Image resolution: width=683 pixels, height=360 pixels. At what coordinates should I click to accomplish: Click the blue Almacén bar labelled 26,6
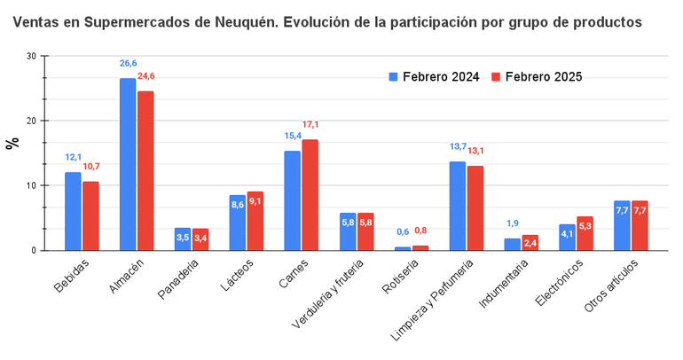pyautogui.click(x=128, y=164)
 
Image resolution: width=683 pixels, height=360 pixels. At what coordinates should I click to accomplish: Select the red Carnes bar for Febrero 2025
pyautogui.click(x=310, y=195)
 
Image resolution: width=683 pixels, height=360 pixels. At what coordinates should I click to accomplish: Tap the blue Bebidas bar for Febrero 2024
pyautogui.click(x=73, y=211)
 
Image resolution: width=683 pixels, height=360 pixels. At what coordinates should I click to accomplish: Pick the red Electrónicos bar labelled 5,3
pyautogui.click(x=585, y=233)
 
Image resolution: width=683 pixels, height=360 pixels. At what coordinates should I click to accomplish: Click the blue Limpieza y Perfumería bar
pyautogui.click(x=458, y=206)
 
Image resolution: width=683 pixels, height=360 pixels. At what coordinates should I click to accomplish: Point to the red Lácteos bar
pyautogui.click(x=255, y=221)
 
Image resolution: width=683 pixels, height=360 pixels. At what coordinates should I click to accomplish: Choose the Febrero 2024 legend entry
pyautogui.click(x=434, y=77)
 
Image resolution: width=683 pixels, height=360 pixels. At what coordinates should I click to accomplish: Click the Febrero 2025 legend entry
pyautogui.click(x=537, y=77)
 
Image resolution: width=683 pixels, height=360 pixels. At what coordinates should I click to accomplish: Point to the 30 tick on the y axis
pyautogui.click(x=31, y=56)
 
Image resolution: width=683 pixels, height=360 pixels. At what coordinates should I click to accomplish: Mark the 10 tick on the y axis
pyautogui.click(x=31, y=185)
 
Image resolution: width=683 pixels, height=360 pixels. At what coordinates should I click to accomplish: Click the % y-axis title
pyautogui.click(x=12, y=143)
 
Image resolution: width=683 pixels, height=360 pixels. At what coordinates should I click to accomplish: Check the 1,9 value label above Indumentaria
pyautogui.click(x=512, y=223)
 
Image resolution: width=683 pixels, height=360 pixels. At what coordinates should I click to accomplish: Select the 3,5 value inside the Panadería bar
pyautogui.click(x=183, y=238)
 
